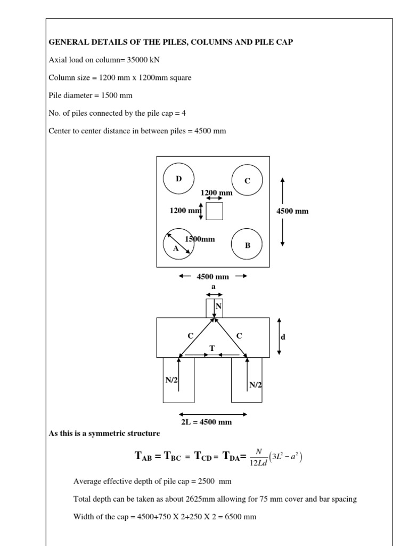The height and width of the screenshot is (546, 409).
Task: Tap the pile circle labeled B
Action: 247,245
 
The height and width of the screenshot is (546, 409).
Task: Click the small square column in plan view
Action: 214,211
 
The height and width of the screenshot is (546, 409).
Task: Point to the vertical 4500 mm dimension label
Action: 292,211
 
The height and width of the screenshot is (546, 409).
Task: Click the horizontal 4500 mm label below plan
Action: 213,276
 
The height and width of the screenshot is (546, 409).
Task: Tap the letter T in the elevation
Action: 212,348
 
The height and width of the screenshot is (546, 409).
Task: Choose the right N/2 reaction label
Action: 256,384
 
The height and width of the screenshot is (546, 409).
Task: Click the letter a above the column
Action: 214,287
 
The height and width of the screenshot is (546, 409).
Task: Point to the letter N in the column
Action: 218,307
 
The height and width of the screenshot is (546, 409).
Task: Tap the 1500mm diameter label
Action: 200,239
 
